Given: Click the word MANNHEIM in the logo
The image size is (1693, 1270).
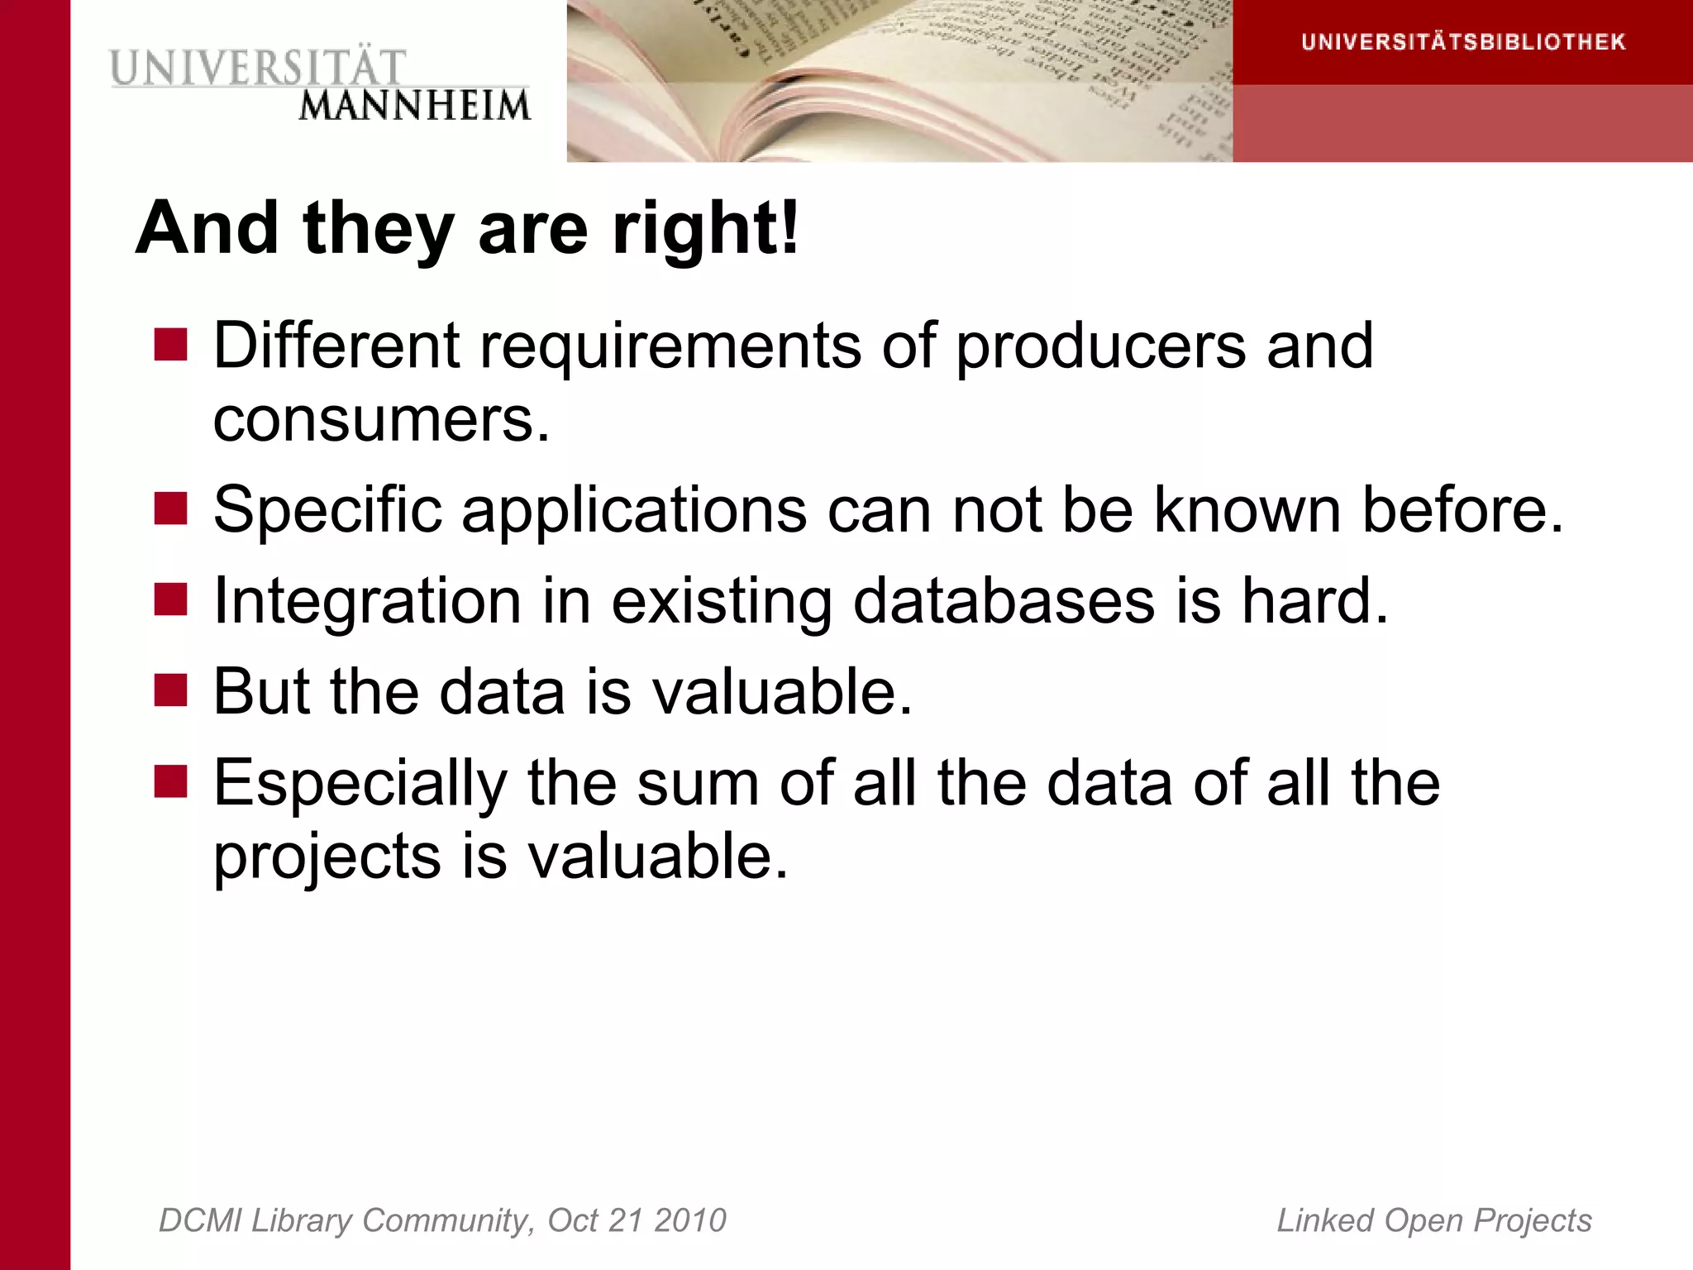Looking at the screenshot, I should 414,106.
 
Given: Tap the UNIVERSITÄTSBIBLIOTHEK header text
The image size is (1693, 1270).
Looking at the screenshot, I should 1463,42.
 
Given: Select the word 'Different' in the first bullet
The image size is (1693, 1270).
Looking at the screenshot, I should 336,345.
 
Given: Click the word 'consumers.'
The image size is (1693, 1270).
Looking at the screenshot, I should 381,419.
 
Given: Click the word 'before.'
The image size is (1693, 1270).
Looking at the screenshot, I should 1462,509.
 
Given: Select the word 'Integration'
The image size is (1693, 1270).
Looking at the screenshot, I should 367,601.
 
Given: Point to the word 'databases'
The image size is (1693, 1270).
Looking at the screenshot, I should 1004,600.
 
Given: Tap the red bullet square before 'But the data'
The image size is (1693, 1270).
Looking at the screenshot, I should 171,690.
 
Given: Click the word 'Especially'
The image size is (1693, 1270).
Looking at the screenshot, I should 360,784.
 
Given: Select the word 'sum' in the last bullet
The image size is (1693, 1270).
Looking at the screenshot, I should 698,783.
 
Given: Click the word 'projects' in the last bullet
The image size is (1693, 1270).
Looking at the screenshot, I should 327,857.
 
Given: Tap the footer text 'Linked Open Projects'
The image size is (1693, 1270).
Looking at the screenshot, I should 1434,1220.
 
